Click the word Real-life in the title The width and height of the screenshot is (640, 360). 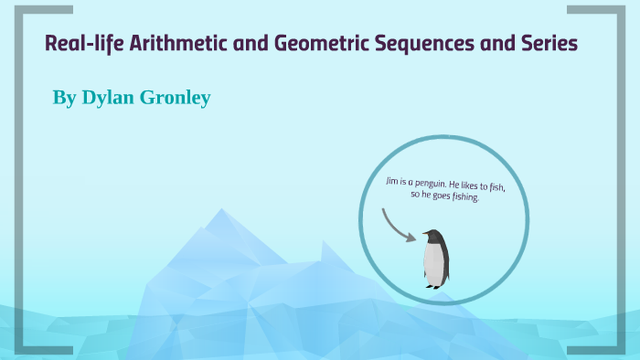coord(78,43)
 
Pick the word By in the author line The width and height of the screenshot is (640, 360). coord(64,97)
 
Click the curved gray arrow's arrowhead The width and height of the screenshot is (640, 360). coord(411,238)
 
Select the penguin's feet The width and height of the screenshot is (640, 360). coord(434,286)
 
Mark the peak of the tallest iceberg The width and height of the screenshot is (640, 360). coord(219,211)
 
